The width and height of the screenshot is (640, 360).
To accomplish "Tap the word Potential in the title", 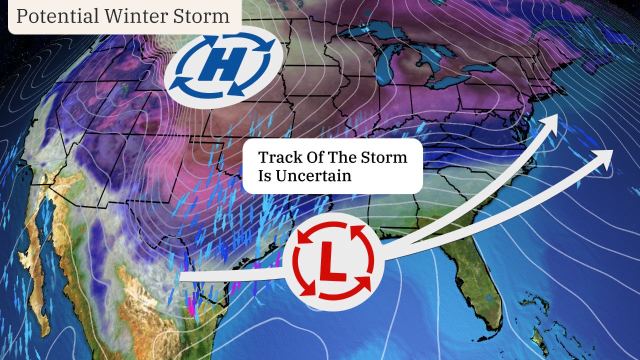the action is pyautogui.click(x=57, y=16).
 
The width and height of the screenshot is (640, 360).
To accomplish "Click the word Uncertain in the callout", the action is pyautogui.click(x=312, y=175).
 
